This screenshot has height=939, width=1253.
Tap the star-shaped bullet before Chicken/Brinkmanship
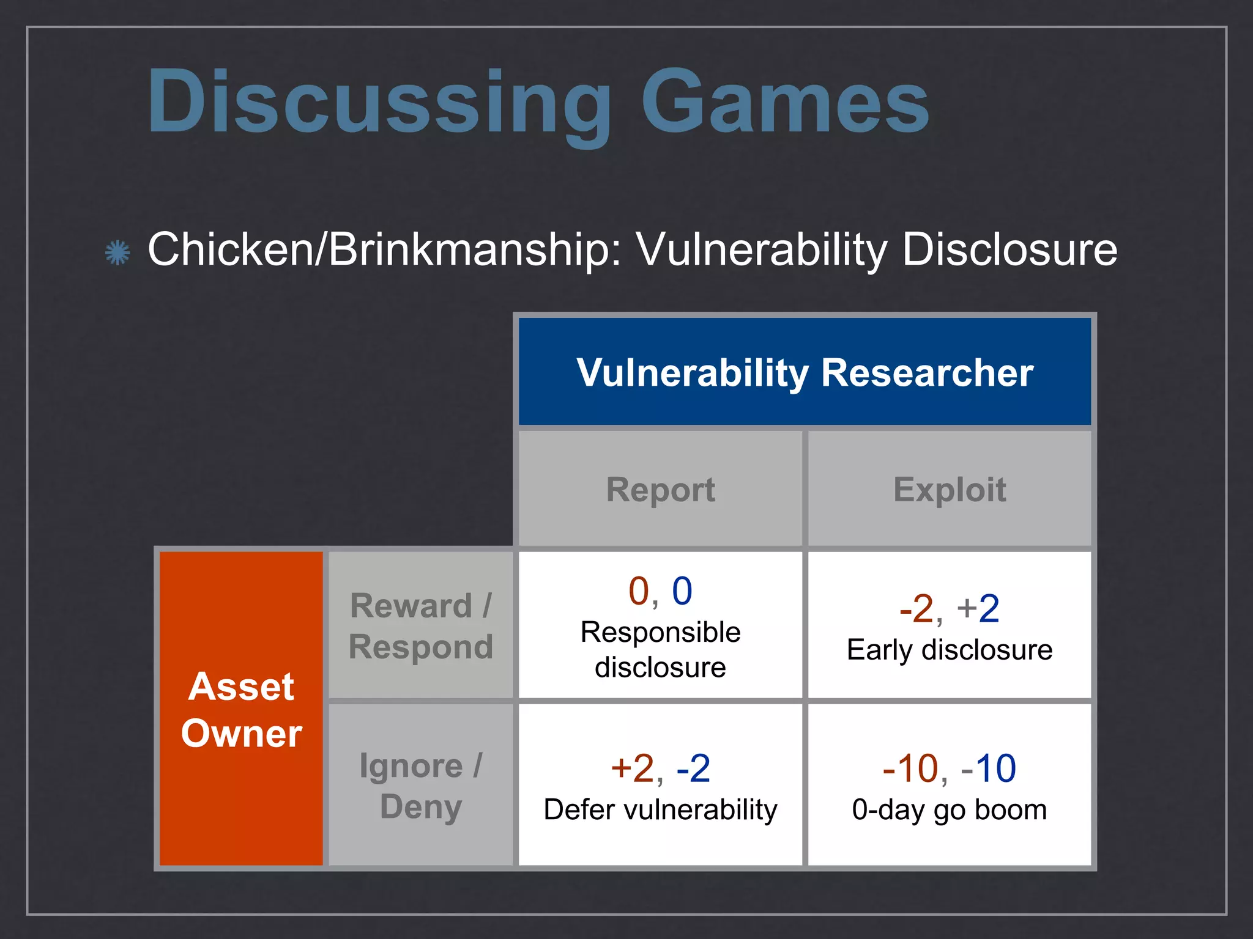[x=117, y=252]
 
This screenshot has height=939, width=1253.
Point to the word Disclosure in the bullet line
[x=1009, y=249]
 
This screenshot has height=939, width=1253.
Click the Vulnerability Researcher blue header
[x=805, y=372]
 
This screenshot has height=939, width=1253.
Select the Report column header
[x=660, y=489]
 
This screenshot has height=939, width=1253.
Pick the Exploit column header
[x=949, y=489]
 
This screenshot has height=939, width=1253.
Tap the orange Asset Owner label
[x=241, y=709]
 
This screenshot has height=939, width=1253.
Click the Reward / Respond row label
[x=420, y=626]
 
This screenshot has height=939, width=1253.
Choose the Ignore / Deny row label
[x=420, y=786]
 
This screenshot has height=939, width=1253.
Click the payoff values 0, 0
[x=660, y=591]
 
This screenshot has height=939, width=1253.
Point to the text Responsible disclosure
[x=660, y=649]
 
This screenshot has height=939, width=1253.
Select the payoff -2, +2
[x=949, y=609]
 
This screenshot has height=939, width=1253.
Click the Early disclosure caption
[x=949, y=649]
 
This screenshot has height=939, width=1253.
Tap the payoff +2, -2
[x=660, y=768]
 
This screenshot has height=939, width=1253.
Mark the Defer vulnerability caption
[x=660, y=809]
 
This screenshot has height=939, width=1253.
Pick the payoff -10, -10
[x=949, y=768]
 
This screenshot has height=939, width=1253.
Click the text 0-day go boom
[x=949, y=809]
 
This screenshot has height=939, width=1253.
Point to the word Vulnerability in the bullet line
[x=762, y=249]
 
